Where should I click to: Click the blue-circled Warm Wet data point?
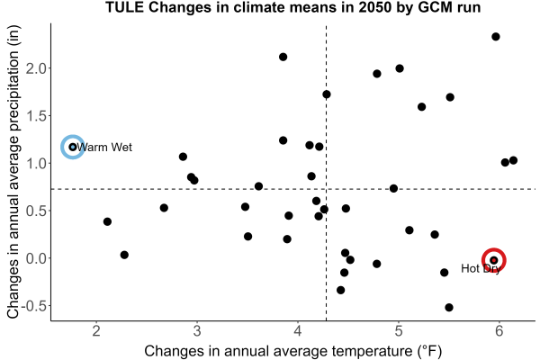tap(73, 147)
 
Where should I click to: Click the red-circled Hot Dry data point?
tap(494, 260)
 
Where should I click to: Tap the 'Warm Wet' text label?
tap(104, 148)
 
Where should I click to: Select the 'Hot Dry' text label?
tap(481, 268)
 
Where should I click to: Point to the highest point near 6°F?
tap(496, 37)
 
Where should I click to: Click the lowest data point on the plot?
tap(449, 307)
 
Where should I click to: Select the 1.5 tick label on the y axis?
tap(36, 116)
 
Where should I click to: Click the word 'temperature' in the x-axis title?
tap(372, 351)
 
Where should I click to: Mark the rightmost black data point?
tap(513, 160)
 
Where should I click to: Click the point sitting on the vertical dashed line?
tap(327, 94)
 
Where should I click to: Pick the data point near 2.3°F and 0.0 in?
tap(124, 255)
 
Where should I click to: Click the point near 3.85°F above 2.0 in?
tap(283, 57)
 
